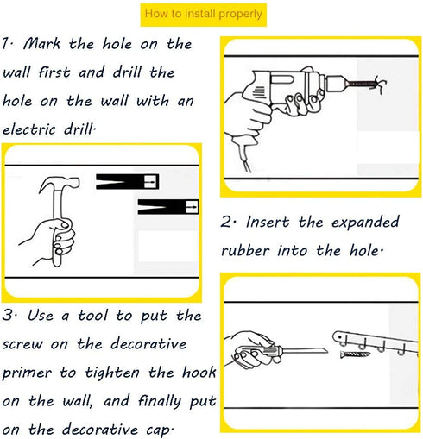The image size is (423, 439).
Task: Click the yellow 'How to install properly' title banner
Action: coord(204,15)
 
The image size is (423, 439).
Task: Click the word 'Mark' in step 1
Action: coord(41,44)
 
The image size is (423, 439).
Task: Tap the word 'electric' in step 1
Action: coord(28,129)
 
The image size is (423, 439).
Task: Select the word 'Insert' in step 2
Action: coord(268,223)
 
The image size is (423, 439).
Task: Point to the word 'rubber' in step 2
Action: coord(245,250)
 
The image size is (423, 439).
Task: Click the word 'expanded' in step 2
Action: coord(365,223)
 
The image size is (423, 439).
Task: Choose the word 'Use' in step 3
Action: coord(41,315)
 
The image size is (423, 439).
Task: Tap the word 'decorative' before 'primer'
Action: coord(148,343)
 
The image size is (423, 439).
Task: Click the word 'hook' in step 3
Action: coord(199,373)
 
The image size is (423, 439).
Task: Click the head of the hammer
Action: coord(60,184)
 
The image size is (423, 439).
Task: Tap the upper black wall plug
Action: coord(127,182)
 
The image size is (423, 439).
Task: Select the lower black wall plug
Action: coord(168,207)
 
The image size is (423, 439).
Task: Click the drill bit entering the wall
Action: coord(361,84)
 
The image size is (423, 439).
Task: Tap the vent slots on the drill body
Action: coord(259,92)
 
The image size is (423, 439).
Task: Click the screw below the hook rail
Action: coord(355,354)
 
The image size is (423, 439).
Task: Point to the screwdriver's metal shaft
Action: coord(304,351)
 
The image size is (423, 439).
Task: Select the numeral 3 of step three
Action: coord(8,315)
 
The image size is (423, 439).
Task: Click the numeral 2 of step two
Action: coord(227,223)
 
